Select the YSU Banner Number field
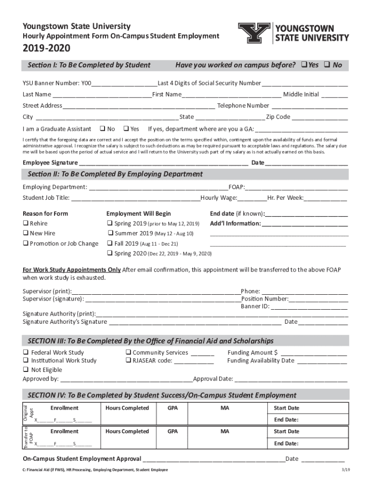pos(126,83)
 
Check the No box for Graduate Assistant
pos(102,129)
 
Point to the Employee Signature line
pos(164,163)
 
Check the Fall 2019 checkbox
pos(110,244)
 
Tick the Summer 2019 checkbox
pos(110,233)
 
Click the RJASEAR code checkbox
pos(129,360)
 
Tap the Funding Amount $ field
pos(313,353)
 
